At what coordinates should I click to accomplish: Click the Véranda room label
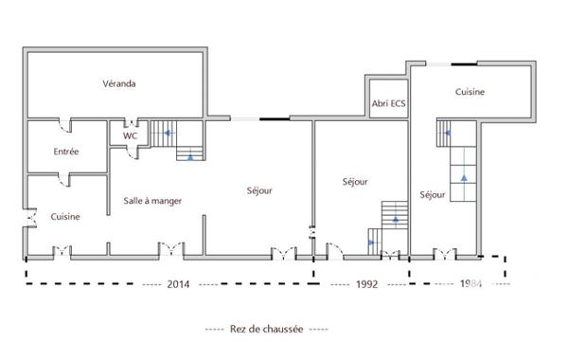[119, 83]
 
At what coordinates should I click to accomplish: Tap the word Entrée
[66, 152]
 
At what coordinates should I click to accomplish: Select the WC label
[129, 135]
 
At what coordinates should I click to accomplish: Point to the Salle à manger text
[152, 201]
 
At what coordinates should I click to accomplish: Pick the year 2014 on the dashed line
[178, 283]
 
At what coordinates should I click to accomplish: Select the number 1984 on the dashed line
[470, 283]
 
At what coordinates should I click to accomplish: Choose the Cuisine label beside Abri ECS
[470, 92]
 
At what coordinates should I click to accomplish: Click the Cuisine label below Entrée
[65, 216]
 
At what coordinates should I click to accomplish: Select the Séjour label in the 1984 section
[432, 195]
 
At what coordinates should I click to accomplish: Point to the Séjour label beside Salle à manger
[259, 190]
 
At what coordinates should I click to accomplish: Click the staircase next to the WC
[178, 140]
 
